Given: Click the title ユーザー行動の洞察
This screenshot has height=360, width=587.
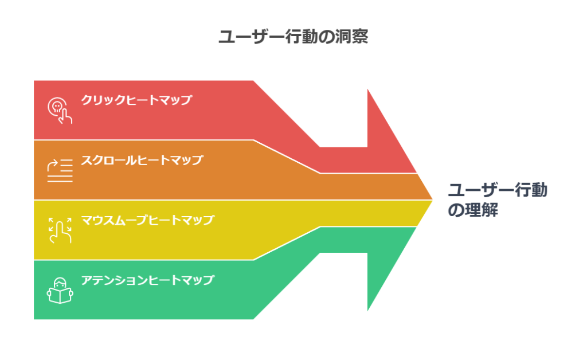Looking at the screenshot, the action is click(x=293, y=37).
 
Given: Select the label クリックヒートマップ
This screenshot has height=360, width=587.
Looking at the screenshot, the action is click(x=136, y=100).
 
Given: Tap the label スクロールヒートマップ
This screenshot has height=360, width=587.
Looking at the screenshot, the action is click(x=142, y=160).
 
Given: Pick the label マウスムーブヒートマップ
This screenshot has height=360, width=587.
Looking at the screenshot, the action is click(x=147, y=220).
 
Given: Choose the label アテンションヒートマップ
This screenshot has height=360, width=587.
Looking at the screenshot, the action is click(x=147, y=280).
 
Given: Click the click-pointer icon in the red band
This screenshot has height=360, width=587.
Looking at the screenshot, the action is click(x=60, y=111).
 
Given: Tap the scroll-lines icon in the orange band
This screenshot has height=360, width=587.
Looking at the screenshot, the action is click(x=60, y=171).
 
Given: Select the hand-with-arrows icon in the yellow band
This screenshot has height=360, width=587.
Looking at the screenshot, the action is click(x=60, y=230).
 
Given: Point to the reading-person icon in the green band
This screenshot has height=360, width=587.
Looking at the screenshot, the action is click(x=60, y=291).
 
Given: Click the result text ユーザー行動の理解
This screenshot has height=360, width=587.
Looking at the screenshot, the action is click(x=498, y=200).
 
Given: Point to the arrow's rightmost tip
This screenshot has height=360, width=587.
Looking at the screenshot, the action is click(x=433, y=200).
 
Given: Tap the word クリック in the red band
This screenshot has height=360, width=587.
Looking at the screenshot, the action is click(x=103, y=100).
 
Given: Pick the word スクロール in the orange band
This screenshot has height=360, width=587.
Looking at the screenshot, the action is click(x=109, y=160).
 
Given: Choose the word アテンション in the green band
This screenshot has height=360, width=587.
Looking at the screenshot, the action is click(x=115, y=280).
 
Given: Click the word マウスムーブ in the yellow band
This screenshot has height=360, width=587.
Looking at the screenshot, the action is click(x=115, y=220).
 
